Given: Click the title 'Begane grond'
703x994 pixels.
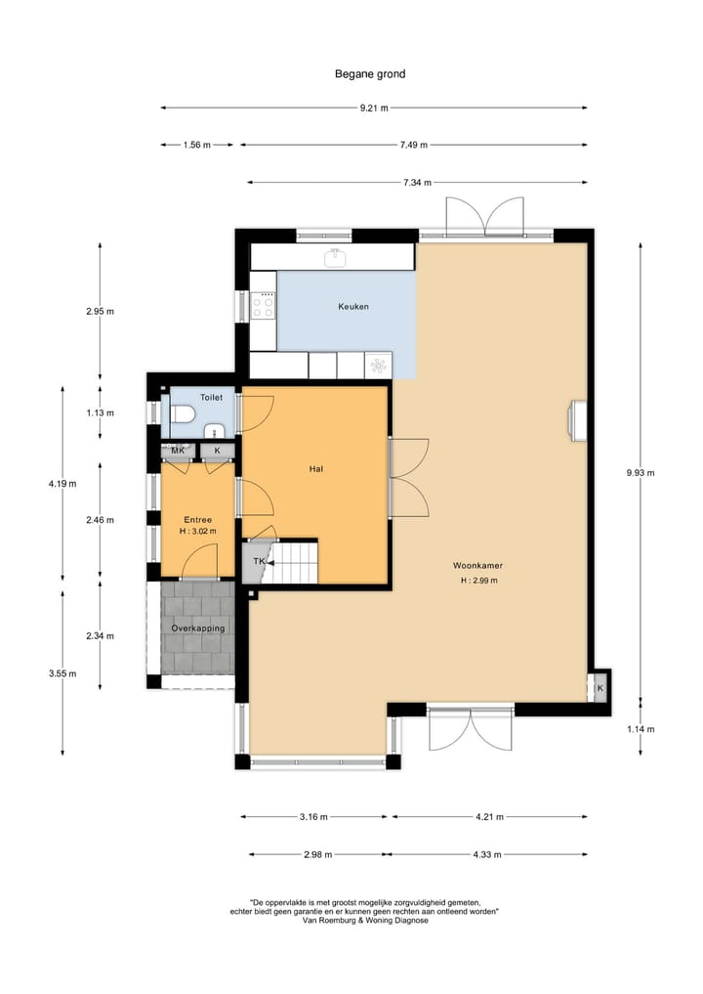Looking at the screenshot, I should pyautogui.click(x=369, y=73).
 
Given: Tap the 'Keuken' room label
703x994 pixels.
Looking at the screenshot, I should pyautogui.click(x=352, y=307).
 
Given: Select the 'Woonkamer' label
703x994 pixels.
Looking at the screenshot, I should pyautogui.click(x=479, y=566).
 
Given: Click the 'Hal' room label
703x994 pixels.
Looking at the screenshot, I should pyautogui.click(x=315, y=469).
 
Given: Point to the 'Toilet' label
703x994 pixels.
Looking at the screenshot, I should pyautogui.click(x=211, y=398).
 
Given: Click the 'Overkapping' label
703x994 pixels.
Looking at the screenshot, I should pyautogui.click(x=198, y=627).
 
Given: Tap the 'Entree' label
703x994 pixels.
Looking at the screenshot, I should pyautogui.click(x=198, y=519).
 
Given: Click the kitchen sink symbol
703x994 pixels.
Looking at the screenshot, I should pyautogui.click(x=336, y=257).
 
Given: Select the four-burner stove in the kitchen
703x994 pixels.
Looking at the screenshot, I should pyautogui.click(x=264, y=306).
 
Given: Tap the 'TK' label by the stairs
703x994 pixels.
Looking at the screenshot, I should pyautogui.click(x=259, y=562).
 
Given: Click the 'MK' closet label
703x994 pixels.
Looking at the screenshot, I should pyautogui.click(x=178, y=451).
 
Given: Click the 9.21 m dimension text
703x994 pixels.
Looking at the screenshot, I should pyautogui.click(x=374, y=108).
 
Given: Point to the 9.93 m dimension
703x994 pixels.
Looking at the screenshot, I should pyautogui.click(x=640, y=472).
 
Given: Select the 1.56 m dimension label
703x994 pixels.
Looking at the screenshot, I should pyautogui.click(x=197, y=145).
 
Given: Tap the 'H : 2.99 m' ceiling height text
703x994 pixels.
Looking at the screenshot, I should pyautogui.click(x=479, y=581).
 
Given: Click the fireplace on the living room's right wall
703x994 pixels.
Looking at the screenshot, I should pyautogui.click(x=578, y=417).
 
